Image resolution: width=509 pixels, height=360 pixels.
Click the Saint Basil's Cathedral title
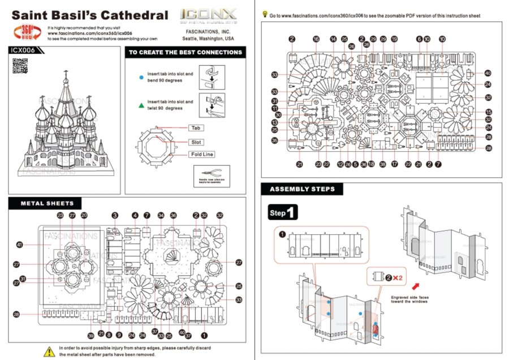pyautogui.click(x=89, y=15)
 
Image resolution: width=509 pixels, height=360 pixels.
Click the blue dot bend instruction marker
pyautogui.click(x=141, y=76)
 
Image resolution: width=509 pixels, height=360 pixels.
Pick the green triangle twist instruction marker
pyautogui.click(x=141, y=105)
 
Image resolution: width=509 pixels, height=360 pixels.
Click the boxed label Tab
pyautogui.click(x=196, y=128)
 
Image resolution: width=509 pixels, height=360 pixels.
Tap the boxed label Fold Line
pyautogui.click(x=202, y=154)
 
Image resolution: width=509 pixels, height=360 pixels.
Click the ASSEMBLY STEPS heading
pyautogui.click(x=301, y=189)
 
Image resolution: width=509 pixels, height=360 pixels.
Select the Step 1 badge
pyautogui.click(x=282, y=213)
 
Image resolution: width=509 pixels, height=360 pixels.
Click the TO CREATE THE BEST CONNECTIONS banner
pyautogui.click(x=186, y=53)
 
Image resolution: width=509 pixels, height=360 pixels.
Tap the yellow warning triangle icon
pyautogui.click(x=49, y=350)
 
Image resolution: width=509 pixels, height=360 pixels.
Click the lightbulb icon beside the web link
pyautogui.click(x=265, y=15)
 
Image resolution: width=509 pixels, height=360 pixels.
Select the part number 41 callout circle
pyautogui.click(x=20, y=245)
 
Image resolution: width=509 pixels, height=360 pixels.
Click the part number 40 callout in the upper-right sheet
pyautogui.click(x=488, y=73)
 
